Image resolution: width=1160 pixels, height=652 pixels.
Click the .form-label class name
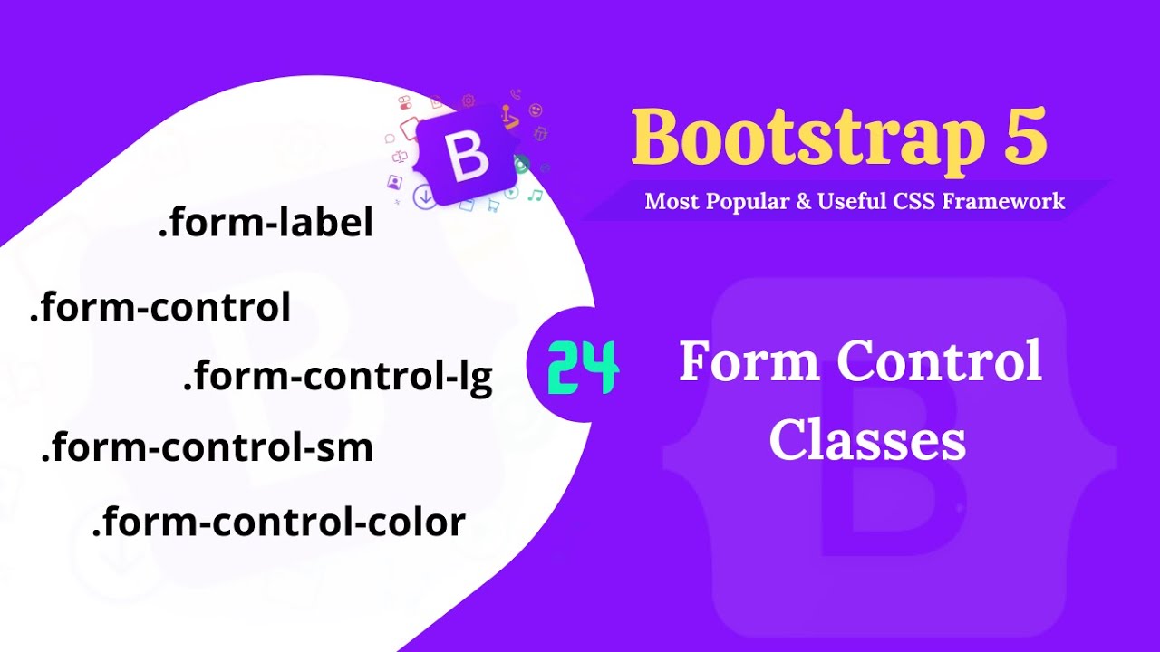click(266, 224)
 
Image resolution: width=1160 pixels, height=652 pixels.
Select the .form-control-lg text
click(338, 377)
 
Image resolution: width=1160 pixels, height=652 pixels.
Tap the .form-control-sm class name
click(207, 448)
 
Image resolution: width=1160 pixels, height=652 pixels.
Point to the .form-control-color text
click(278, 522)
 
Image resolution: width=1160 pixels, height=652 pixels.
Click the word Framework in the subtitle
click(1004, 201)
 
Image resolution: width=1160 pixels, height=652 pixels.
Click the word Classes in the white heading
click(867, 442)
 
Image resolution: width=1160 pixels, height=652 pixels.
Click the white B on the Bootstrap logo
click(468, 156)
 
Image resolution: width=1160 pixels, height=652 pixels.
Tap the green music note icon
click(536, 195)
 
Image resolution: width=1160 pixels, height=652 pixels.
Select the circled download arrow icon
click(423, 197)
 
